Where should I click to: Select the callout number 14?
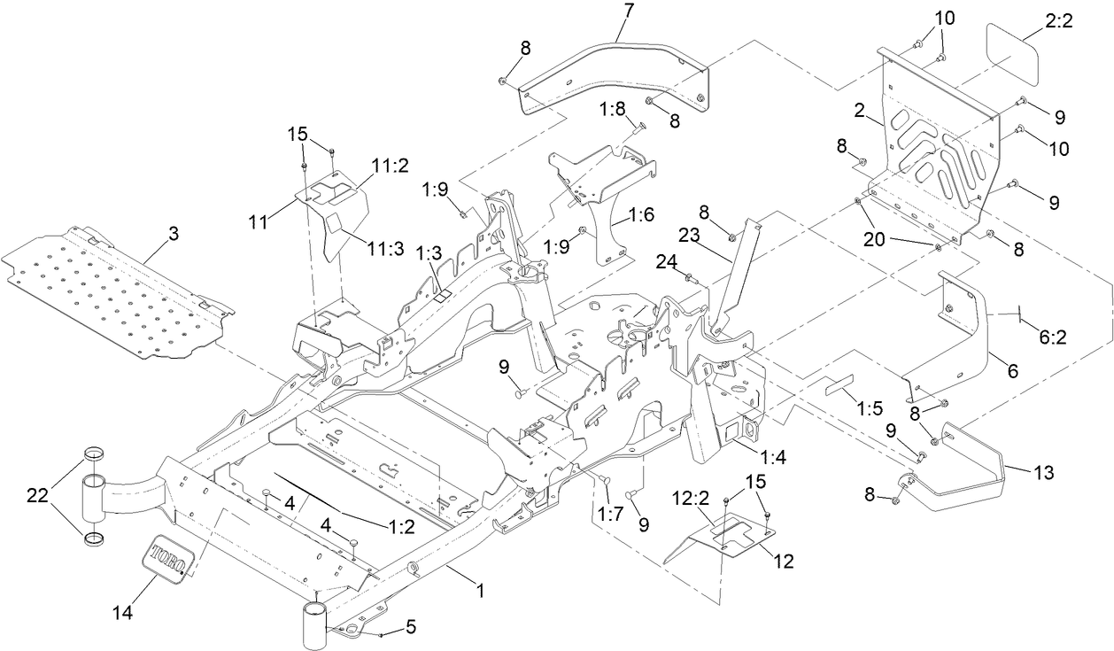coord(123,612)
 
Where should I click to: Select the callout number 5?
coord(410,627)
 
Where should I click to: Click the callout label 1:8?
coord(612,109)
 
